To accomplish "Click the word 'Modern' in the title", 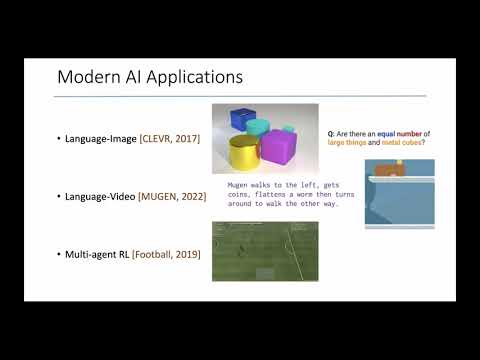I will tap(84, 77).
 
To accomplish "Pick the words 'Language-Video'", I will tap(100, 196).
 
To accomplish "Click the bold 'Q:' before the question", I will tap(332, 133).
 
